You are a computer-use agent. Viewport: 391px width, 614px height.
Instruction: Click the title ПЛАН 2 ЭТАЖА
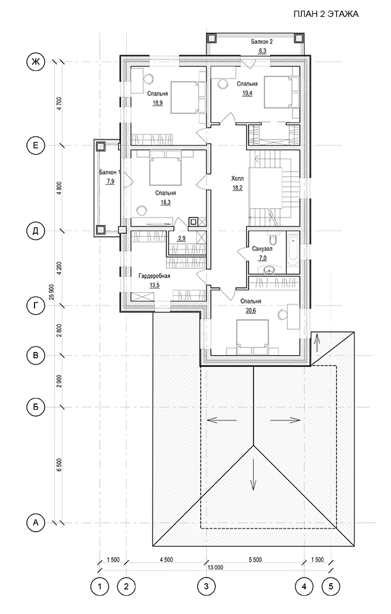click(326, 14)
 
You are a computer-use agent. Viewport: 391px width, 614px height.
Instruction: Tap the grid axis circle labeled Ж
click(36, 62)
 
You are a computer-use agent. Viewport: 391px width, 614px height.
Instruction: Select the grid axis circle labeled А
click(36, 522)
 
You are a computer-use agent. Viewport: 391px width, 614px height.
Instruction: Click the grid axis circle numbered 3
click(206, 586)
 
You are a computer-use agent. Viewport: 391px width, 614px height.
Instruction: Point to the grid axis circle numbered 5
click(331, 586)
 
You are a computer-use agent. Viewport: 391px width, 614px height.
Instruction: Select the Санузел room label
click(262, 249)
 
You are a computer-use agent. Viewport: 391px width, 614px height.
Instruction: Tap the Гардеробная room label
click(154, 276)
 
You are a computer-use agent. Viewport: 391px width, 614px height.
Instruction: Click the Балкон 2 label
click(262, 41)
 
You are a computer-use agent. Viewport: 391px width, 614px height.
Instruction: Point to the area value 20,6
click(250, 310)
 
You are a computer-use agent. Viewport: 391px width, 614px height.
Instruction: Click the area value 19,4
click(247, 93)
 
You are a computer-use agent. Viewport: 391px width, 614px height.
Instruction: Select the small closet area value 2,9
click(181, 238)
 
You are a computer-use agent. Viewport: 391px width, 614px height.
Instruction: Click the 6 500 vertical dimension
click(59, 465)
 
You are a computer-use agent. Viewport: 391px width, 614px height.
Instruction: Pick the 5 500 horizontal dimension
click(255, 559)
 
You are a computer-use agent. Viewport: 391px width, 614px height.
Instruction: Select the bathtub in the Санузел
click(293, 253)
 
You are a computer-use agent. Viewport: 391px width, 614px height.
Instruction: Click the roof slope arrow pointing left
click(222, 420)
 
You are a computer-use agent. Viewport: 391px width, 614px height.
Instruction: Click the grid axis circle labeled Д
click(36, 231)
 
